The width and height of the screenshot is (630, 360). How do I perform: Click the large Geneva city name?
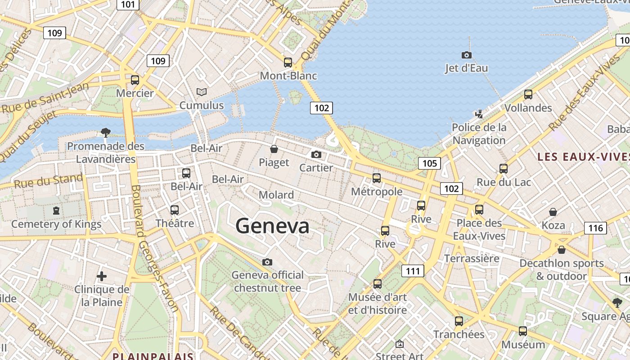pos(272,225)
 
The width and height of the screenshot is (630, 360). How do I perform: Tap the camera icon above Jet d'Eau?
pos(467,55)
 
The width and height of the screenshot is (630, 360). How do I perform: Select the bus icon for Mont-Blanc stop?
pos(288,63)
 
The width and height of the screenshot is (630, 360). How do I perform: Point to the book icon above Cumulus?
pos(202,92)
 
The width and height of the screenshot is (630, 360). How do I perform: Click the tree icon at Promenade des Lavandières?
pos(106,132)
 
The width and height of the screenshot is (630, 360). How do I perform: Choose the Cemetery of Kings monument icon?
pos(56,210)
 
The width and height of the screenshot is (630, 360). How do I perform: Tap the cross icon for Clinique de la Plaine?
pos(102,276)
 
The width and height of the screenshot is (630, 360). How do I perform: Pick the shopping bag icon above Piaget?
pos(274,149)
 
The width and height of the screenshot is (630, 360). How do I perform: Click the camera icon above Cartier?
pos(316,154)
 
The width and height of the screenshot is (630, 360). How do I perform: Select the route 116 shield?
pos(595,228)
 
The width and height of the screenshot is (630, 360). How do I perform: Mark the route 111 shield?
pos(413,271)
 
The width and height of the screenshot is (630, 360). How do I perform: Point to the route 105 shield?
pos(429,163)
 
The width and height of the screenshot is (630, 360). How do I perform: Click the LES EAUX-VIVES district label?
pos(583,157)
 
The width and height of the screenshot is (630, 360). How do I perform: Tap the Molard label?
pos(276,195)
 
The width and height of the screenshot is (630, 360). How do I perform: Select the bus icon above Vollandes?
pos(528,94)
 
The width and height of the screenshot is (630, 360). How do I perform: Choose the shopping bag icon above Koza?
pos(553,211)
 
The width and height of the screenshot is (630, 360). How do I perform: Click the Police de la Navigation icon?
pos(479,114)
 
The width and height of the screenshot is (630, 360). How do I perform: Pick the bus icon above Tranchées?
pos(459,321)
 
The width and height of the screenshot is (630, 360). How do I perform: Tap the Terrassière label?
pos(472,258)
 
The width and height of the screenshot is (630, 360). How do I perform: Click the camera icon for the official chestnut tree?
pos(267,262)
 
